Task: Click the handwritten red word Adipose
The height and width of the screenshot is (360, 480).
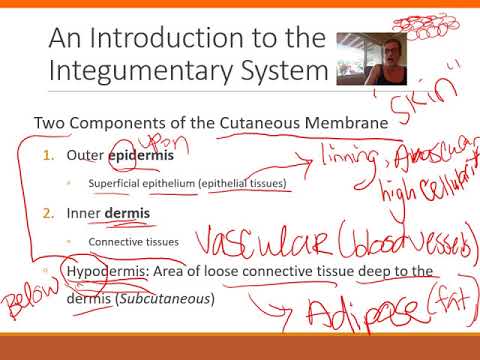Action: click(369, 317)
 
